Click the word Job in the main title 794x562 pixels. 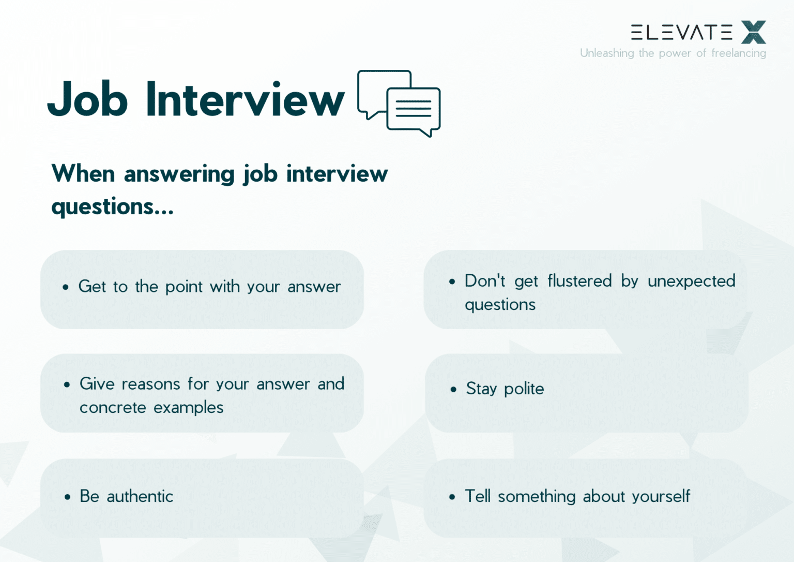(87, 99)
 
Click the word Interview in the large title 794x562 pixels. (245, 99)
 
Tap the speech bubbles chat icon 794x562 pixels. (399, 103)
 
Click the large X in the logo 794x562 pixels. (753, 32)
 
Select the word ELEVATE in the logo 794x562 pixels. (681, 33)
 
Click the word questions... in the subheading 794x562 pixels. (112, 207)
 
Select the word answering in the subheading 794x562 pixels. (179, 174)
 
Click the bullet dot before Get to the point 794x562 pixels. (66, 287)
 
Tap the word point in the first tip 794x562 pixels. (184, 287)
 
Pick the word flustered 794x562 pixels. (579, 281)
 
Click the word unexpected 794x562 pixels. (691, 281)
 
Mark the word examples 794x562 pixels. (188, 408)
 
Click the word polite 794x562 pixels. (524, 389)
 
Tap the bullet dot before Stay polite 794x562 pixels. (453, 389)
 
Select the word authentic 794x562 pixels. (140, 496)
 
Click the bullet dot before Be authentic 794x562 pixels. (67, 497)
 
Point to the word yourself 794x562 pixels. (661, 496)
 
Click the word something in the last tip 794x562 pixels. (537, 496)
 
